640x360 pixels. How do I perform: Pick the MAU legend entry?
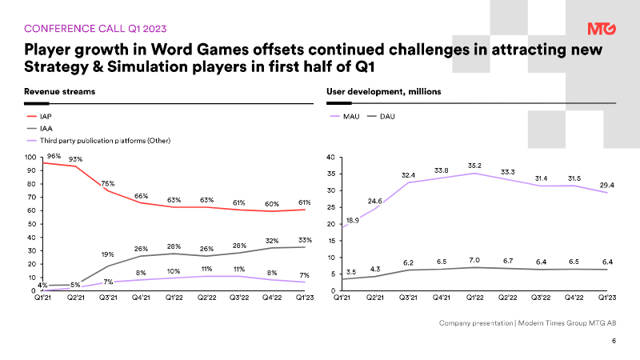(x=351, y=116)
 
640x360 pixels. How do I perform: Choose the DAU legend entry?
(x=386, y=116)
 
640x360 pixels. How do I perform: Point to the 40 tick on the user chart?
(x=331, y=158)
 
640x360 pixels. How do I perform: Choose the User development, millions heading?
(x=383, y=92)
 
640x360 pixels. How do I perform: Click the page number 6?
(x=614, y=342)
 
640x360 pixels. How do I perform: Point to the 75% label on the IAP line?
(x=107, y=183)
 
